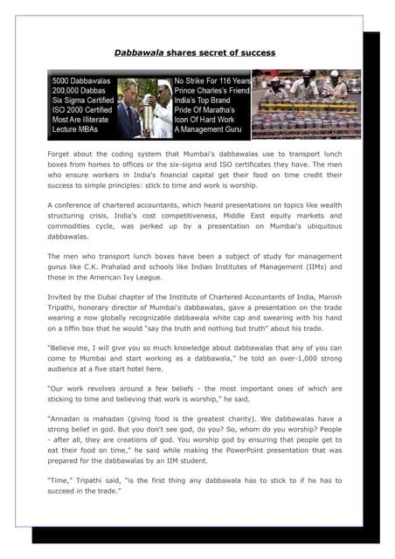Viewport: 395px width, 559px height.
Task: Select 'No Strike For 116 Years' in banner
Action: [x=212, y=79]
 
